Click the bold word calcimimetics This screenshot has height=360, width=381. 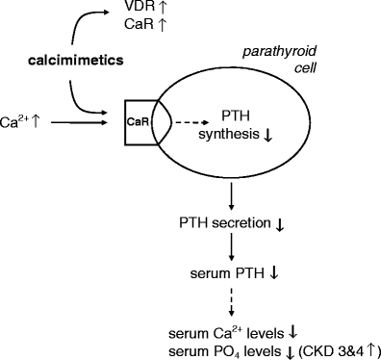pos(76,61)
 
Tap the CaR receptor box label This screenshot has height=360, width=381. pos(138,122)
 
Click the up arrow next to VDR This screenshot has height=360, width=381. pos(163,7)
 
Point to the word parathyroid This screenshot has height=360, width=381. pos(279,52)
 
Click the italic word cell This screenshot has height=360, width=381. pos(306,68)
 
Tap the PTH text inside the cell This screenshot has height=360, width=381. pos(236,116)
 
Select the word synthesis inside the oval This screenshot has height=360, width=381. pos(229,134)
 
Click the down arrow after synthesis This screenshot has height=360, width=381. pos(267,135)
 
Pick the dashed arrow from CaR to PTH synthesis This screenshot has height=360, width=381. pos(190,122)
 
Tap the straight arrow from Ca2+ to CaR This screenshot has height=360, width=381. pos(79,122)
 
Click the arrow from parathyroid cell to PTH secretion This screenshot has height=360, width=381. pos(231,195)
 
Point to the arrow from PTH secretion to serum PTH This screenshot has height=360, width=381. pos(231,246)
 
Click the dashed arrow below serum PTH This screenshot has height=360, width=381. pos(231,301)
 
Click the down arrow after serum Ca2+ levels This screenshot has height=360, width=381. pos(292,333)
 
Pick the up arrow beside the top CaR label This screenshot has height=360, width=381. pos(163,25)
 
